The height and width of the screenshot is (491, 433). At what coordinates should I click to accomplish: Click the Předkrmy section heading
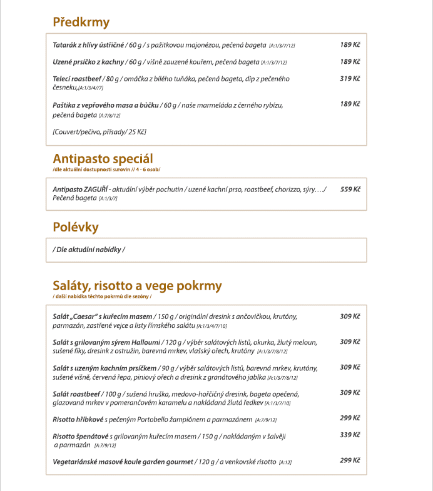point(81,23)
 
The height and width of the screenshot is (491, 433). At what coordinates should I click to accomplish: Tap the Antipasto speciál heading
point(103,158)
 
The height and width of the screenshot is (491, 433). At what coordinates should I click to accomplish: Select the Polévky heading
point(76,226)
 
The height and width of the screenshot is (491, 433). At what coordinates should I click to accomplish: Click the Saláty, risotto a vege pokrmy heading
point(137,286)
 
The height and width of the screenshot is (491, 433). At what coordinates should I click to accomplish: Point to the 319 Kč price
point(350,79)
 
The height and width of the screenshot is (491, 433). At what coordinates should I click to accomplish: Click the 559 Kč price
point(350,189)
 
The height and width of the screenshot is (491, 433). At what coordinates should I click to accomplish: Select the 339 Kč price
point(350,435)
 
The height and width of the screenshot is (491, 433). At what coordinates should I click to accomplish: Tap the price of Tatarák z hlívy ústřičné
point(350,45)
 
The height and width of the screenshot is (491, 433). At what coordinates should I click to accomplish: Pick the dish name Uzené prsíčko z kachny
point(88,62)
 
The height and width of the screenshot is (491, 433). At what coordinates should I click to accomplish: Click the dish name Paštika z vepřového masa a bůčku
point(106,105)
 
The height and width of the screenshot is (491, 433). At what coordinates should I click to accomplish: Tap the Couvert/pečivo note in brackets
point(99,132)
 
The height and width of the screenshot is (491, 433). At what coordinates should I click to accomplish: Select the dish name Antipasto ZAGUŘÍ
point(81,189)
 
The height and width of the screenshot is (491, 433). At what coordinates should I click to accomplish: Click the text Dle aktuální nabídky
point(89,250)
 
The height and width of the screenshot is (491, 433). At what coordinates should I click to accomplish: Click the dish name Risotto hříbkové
point(78,419)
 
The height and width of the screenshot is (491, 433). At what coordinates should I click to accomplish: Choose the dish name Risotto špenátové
point(81,435)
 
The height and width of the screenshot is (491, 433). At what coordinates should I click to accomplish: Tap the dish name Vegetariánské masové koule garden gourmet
point(123,461)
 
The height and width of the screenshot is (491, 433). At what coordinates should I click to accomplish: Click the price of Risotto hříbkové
point(350,418)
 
